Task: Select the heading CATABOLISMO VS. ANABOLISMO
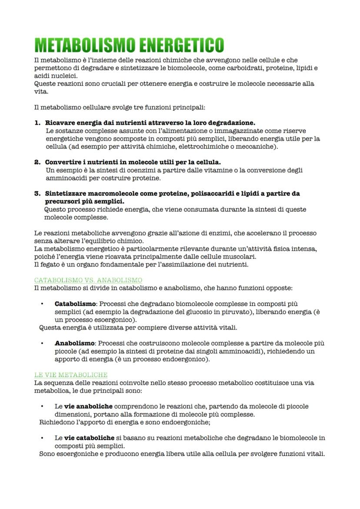88,280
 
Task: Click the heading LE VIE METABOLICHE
71,375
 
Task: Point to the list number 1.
37,123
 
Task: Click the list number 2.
37,162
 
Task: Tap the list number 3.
37,193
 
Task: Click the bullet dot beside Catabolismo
42,304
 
